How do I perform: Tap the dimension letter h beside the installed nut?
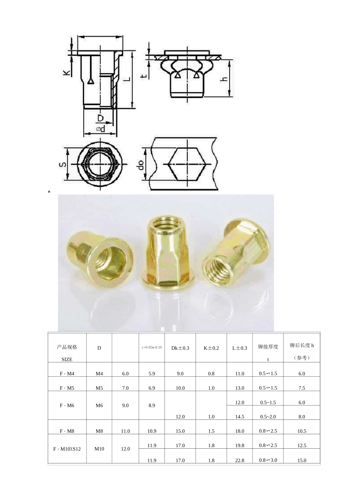click(x=225, y=78)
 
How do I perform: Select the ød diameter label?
click(x=100, y=129)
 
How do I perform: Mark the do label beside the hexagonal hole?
click(x=141, y=165)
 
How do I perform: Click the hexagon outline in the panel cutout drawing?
click(x=187, y=165)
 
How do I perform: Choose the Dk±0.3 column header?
click(x=180, y=348)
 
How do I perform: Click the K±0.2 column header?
click(x=211, y=348)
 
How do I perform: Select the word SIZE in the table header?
click(x=67, y=359)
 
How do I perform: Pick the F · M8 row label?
click(x=67, y=431)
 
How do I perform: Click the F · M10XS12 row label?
click(x=67, y=449)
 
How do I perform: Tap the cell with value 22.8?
click(x=239, y=460)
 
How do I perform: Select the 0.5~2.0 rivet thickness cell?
click(x=268, y=416)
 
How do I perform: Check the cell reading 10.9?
click(x=152, y=431)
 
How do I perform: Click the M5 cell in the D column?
click(x=99, y=388)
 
